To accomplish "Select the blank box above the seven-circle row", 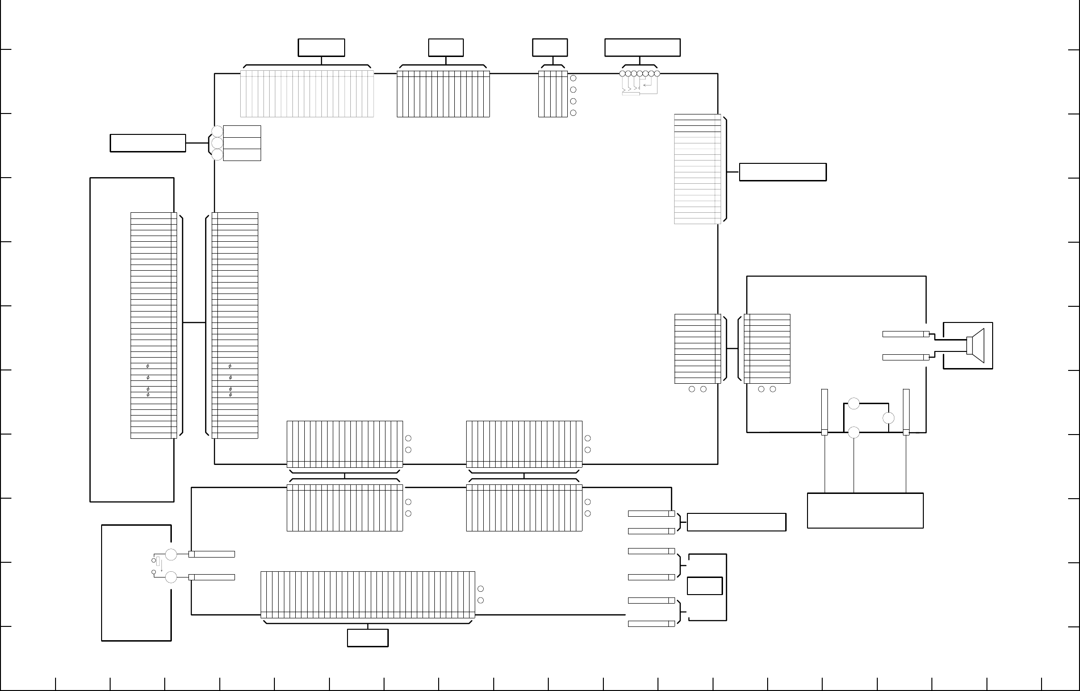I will click(x=642, y=47).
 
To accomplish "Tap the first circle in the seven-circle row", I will click(x=622, y=74).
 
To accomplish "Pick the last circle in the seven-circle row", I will click(x=657, y=74).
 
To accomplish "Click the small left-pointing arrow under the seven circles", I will click(x=646, y=85).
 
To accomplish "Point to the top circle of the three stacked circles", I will click(x=217, y=131).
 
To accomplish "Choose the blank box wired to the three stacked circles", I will click(x=148, y=143).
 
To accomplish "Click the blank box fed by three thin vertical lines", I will click(x=865, y=511).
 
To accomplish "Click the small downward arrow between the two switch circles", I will click(x=161, y=566).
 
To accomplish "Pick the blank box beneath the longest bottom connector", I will click(x=367, y=638).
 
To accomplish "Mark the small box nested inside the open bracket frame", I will click(x=705, y=586).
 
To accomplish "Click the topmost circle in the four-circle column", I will click(x=573, y=78).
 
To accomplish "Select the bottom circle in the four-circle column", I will click(x=573, y=113).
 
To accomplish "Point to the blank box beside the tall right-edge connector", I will click(x=783, y=172).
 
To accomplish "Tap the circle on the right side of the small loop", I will click(x=888, y=418).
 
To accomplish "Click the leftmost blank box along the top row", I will click(x=321, y=47).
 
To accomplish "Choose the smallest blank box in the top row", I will click(x=550, y=47).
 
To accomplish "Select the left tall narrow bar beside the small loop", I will click(x=825, y=412).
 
